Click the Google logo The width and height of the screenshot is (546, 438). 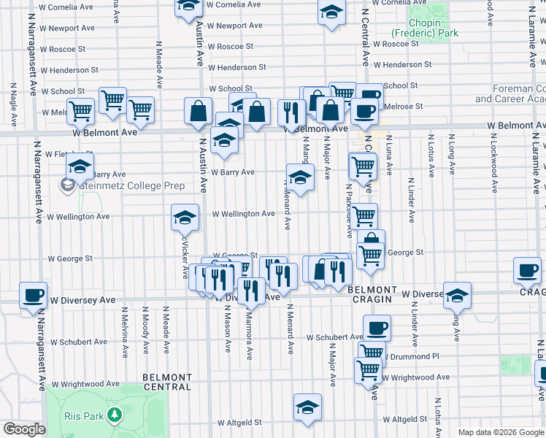[23, 429]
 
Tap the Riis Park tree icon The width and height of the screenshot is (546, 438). [113, 415]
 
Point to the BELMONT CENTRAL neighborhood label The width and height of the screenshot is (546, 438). [167, 382]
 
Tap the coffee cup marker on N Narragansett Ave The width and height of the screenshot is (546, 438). [33, 296]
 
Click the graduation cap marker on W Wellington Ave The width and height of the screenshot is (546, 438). [185, 218]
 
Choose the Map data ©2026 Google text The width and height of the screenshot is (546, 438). [500, 432]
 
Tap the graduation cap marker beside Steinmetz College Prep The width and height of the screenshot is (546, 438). [80, 166]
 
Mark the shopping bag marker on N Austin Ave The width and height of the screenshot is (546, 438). [199, 112]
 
